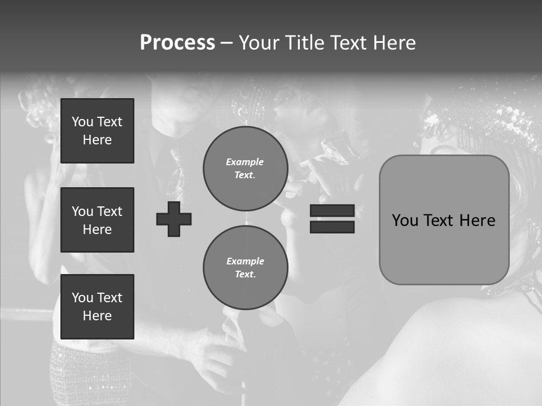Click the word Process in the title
coord(177,43)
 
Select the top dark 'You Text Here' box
coord(97,131)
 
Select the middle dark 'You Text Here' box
coord(97,220)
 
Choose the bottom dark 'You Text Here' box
coord(97,307)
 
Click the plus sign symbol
coord(174,219)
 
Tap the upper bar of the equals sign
coord(332,211)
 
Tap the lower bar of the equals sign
coord(332,227)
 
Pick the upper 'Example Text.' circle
coord(245,169)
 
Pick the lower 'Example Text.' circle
coord(245,268)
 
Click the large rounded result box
coord(444,248)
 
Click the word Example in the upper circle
coord(245,162)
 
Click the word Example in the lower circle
coord(245,261)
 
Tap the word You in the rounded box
coord(405,220)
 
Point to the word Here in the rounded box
coord(478,220)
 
